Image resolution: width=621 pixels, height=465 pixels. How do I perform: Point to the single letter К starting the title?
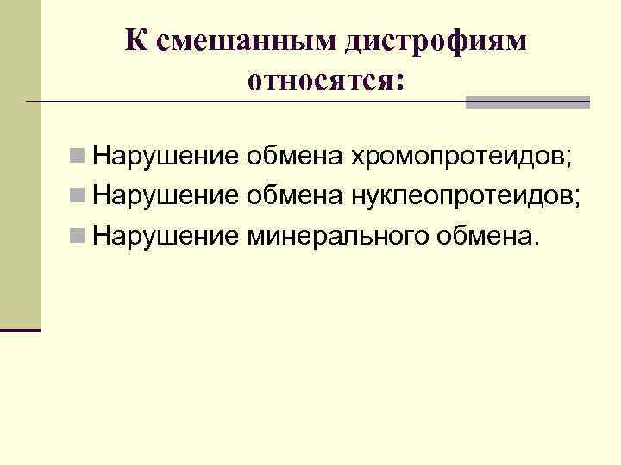click(134, 40)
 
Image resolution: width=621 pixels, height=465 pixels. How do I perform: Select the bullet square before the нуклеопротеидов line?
click(78, 198)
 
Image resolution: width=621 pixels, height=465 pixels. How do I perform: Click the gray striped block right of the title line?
click(528, 102)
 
